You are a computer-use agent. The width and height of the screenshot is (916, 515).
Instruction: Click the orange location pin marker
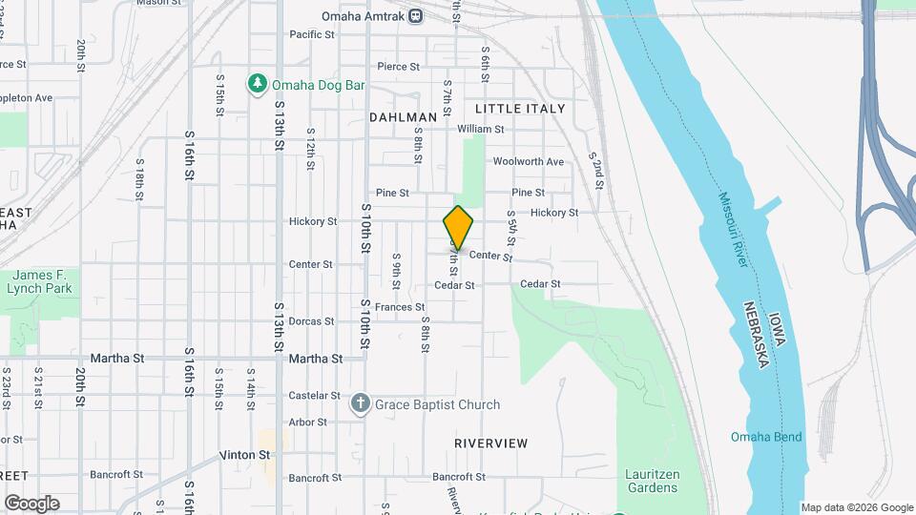click(458, 228)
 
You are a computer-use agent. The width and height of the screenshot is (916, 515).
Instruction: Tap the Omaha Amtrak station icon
click(415, 15)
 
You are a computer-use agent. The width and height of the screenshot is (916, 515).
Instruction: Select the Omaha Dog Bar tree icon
click(257, 85)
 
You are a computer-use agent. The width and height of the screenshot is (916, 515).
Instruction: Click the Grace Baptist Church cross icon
click(361, 404)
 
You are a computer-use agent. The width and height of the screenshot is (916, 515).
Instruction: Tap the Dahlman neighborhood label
click(403, 117)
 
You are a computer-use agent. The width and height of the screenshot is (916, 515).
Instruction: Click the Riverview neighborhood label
click(490, 443)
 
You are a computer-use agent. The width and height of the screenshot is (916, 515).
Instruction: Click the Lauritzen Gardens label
click(652, 481)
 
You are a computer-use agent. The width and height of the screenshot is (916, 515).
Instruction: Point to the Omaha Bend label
click(766, 438)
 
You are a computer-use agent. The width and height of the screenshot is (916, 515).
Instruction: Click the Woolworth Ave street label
click(529, 162)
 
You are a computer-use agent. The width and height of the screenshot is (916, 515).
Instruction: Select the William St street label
click(480, 129)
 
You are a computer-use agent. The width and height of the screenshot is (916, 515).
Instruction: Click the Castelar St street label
click(314, 395)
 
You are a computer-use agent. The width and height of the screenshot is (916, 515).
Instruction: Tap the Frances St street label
click(399, 307)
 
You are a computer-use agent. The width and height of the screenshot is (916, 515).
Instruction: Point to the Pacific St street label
click(312, 34)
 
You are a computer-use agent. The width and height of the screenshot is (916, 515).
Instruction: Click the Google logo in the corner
click(31, 504)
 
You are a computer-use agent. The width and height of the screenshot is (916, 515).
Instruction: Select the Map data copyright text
click(857, 507)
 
